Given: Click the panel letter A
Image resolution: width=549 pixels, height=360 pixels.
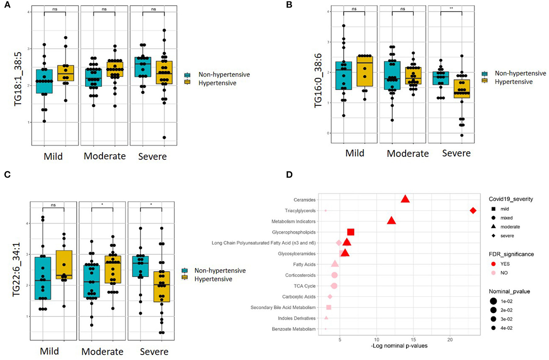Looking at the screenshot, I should coord(7,5).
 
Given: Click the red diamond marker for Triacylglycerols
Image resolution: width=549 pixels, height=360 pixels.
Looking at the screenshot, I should coord(473,211).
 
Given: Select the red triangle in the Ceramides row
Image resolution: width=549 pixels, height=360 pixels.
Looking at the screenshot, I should coord(405,199).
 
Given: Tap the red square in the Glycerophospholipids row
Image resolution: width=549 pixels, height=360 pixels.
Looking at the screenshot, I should coord(350,232).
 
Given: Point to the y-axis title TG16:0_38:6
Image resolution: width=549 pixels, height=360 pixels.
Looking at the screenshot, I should coord(318,80).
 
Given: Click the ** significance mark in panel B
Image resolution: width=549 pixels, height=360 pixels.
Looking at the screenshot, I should coord(451,8).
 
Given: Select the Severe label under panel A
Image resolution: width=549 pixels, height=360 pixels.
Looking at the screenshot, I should coord(152,156).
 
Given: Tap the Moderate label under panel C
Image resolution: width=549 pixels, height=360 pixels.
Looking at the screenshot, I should coord(102,352).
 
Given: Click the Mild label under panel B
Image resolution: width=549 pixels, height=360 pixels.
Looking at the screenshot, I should coord(355,153).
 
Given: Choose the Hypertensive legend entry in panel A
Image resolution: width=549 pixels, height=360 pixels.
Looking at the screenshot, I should coord(217,83).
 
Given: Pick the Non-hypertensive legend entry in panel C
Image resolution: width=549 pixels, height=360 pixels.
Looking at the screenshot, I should coord(220,270).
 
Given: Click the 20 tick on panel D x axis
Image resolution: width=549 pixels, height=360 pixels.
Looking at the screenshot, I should coord(450,340).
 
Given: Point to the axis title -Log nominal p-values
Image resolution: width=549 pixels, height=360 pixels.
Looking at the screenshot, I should coord(399,346).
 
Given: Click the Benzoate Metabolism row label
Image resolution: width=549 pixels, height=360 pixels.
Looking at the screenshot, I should coord(293,329).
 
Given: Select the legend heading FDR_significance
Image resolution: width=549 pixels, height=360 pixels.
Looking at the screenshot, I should coord(511,254).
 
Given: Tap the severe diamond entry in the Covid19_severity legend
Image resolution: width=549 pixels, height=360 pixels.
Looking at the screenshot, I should coord(507,236).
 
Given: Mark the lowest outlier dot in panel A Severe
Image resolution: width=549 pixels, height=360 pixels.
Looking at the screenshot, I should coord(164,137).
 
